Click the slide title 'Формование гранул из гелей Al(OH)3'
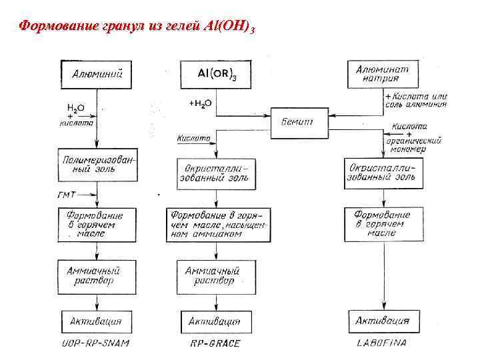(137, 27)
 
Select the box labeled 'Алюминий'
(97, 74)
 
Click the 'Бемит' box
(299, 121)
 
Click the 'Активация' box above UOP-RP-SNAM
(97, 321)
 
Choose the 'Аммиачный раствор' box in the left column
(97, 276)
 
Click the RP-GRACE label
(215, 343)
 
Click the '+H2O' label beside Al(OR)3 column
(200, 103)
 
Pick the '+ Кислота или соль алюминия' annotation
(417, 100)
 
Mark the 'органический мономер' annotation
(417, 145)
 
